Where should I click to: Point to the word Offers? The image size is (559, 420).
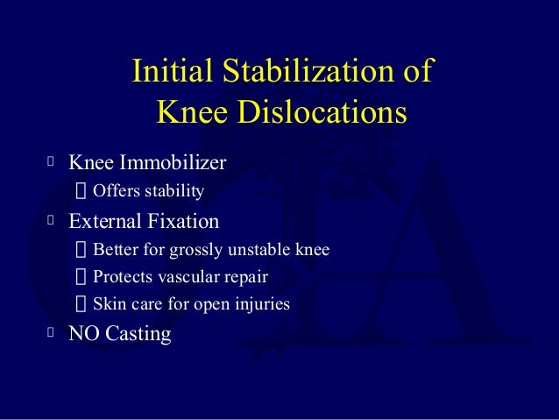click(115, 190)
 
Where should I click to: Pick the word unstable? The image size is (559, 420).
click(264, 250)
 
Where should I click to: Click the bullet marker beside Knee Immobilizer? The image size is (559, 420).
click(52, 162)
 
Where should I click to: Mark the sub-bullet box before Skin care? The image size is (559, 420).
click(81, 305)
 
